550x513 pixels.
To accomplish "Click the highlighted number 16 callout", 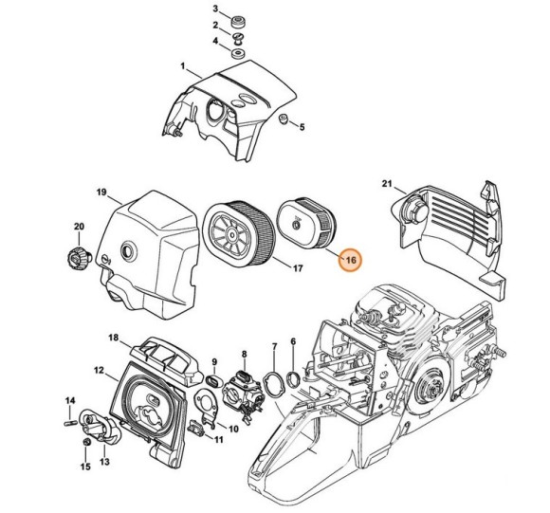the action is point(351,260).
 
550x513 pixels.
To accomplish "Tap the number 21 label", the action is point(387,183).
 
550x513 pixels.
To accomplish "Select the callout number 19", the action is point(101,192).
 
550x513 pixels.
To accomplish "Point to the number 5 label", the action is point(302,127).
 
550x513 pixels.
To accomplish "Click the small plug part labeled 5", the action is point(283,119).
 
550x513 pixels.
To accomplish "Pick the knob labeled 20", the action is point(79,259).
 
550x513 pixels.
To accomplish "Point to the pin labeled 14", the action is point(70,422).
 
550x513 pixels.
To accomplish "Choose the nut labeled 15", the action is point(85,442).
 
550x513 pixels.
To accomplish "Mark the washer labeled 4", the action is point(238,54).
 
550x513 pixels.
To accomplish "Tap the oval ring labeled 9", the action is point(213,380).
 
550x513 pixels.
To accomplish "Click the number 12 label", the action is point(100,370).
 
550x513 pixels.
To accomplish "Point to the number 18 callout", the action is point(114,338).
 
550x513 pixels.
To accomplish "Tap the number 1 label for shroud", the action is point(182,65).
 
